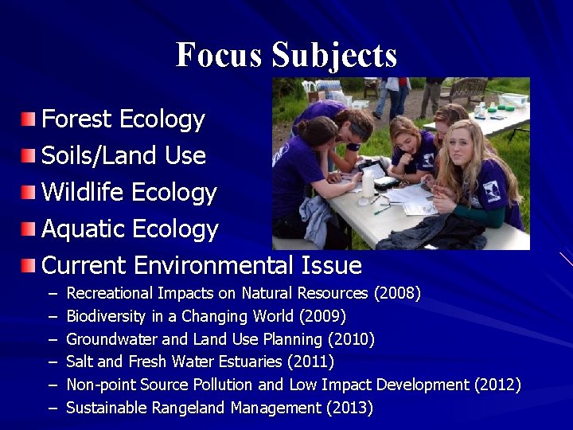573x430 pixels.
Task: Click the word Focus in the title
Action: click(219, 55)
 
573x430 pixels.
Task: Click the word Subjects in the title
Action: click(333, 56)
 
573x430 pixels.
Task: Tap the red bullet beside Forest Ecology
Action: click(29, 119)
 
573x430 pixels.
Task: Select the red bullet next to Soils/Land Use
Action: click(29, 155)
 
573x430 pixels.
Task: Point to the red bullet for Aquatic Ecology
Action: click(29, 229)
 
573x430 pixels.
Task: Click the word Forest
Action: click(76, 119)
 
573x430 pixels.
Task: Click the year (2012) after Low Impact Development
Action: click(497, 385)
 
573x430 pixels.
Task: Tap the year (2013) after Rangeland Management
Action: click(349, 408)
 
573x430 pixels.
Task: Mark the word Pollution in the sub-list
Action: click(224, 385)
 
